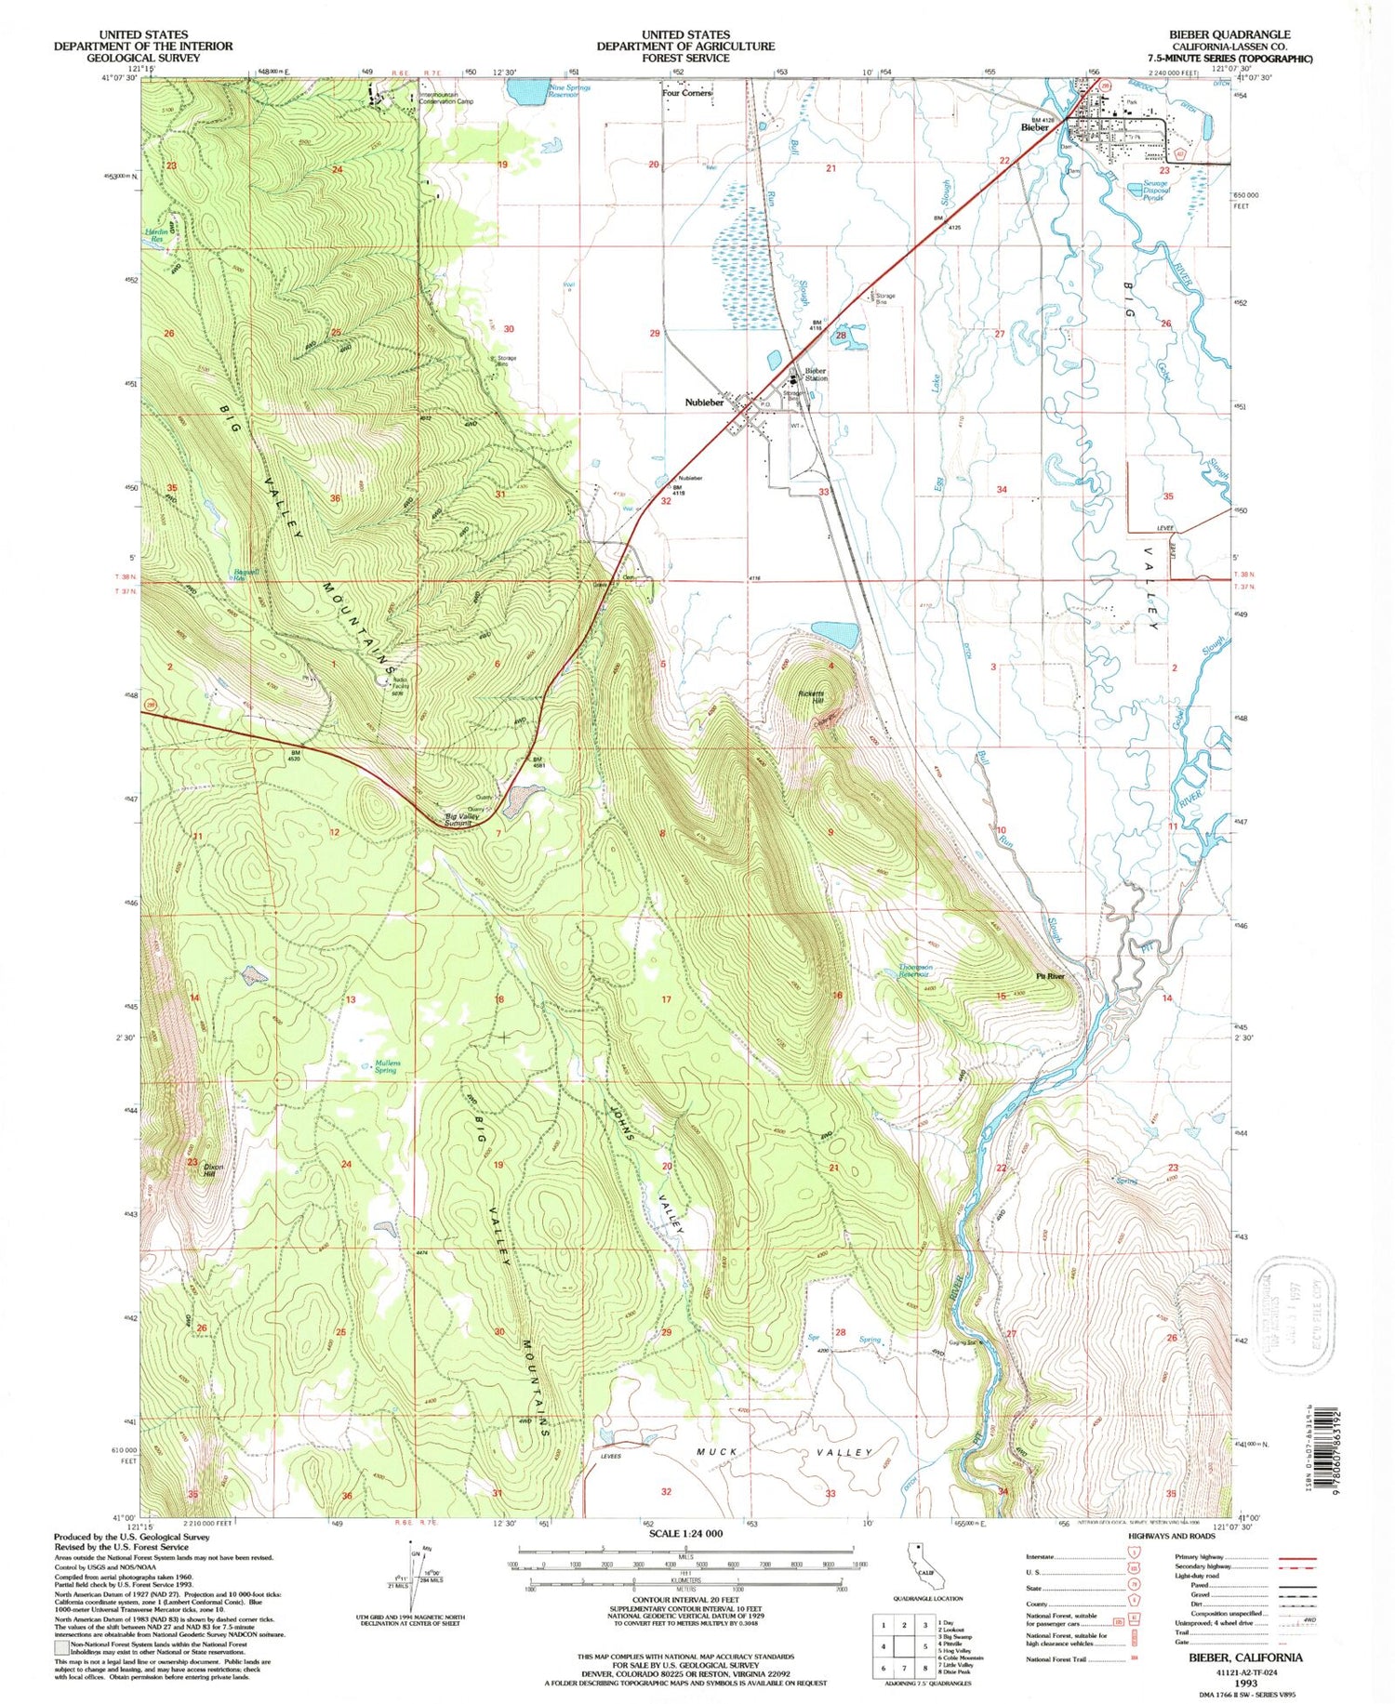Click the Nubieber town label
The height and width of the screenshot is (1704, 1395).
[704, 403]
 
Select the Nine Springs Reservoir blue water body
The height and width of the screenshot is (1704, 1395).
[526, 91]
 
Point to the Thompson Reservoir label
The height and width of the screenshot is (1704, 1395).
[915, 971]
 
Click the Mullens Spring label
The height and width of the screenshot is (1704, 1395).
[386, 1066]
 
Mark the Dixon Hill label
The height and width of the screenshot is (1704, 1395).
[214, 1169]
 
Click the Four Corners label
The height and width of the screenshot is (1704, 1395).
[686, 93]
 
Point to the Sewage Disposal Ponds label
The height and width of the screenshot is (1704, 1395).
[1153, 191]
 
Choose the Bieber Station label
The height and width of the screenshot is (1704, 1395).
[816, 375]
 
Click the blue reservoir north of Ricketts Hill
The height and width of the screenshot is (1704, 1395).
[835, 635]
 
